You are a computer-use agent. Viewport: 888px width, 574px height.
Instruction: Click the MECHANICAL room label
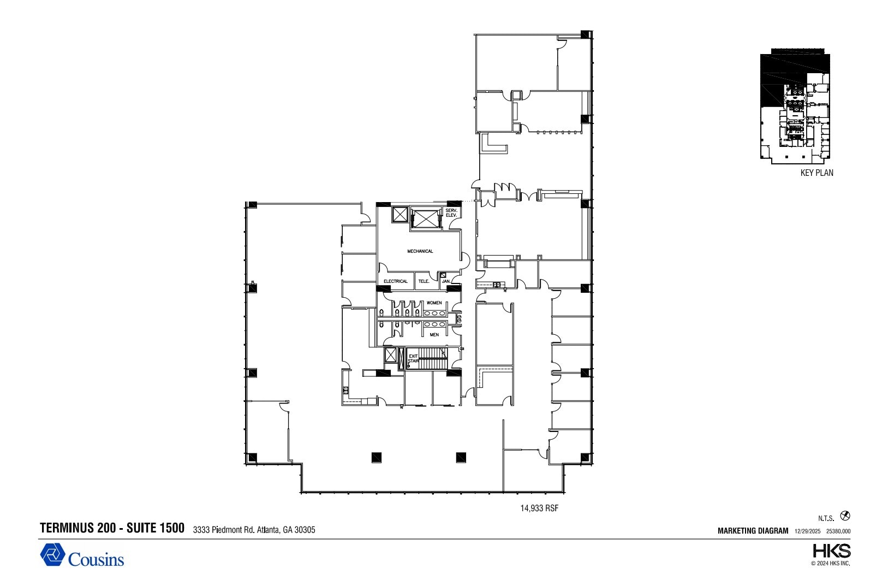click(x=420, y=251)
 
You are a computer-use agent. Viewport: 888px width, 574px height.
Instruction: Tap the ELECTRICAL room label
click(x=395, y=281)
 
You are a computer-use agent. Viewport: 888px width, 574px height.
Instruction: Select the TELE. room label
click(x=424, y=281)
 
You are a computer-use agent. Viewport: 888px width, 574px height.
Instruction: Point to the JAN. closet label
click(x=446, y=281)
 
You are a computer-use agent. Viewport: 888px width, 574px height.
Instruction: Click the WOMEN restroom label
click(x=434, y=303)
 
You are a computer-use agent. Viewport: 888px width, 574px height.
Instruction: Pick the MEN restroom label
click(x=434, y=335)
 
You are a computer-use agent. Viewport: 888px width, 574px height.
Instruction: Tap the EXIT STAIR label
click(x=413, y=358)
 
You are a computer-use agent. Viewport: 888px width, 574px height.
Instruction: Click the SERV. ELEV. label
click(x=451, y=213)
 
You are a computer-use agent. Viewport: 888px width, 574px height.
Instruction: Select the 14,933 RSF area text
click(x=539, y=508)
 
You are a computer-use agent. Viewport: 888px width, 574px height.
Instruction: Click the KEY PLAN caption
click(x=817, y=173)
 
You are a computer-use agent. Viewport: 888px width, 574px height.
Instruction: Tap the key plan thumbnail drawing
click(x=795, y=106)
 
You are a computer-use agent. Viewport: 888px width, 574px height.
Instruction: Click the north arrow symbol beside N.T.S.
click(x=845, y=516)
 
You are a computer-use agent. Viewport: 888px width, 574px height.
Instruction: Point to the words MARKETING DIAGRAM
click(x=753, y=531)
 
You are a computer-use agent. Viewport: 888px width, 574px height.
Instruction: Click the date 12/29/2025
click(x=807, y=531)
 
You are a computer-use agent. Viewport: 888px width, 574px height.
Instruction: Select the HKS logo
click(x=831, y=551)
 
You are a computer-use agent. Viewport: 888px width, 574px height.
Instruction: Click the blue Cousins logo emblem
click(x=52, y=555)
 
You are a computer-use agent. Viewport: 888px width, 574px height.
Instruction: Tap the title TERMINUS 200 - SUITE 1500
click(x=112, y=528)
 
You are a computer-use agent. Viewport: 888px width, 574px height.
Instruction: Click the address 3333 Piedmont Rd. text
click(x=254, y=530)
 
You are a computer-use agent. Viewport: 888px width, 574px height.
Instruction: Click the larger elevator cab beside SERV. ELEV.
click(x=425, y=218)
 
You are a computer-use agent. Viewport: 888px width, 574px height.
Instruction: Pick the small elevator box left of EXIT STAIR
click(x=391, y=356)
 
